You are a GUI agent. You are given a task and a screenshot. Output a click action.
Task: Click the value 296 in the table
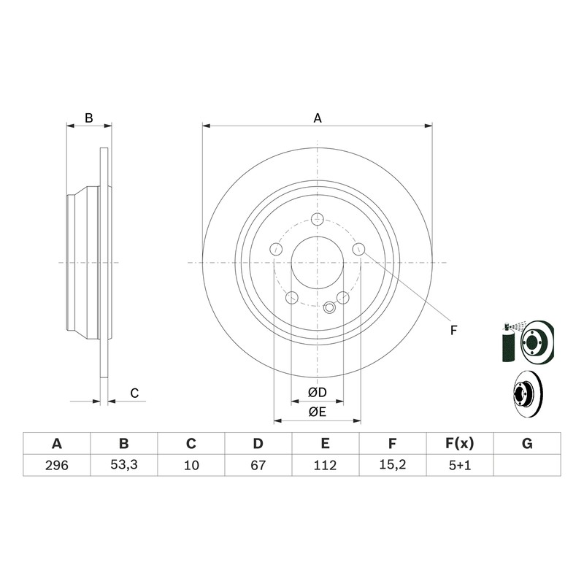[57, 465]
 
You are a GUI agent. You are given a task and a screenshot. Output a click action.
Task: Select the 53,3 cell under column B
[124, 465]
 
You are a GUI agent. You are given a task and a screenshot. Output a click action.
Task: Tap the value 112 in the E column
[325, 465]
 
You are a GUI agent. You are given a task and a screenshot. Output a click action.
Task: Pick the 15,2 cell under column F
[393, 465]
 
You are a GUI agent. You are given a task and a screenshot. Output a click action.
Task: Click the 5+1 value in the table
[460, 465]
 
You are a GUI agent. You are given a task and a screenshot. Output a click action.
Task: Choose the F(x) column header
[460, 444]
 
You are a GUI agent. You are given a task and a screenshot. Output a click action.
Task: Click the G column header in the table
[527, 444]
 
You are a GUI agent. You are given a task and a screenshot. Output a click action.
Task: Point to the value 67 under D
[258, 465]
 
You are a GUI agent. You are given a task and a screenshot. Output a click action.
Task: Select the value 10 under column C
[191, 465]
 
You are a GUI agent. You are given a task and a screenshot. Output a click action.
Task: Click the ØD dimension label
[318, 392]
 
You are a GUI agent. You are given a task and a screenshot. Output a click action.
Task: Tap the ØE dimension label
[318, 412]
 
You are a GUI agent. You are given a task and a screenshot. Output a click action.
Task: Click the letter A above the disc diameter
[318, 118]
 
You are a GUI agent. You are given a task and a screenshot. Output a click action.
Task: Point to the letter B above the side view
[88, 118]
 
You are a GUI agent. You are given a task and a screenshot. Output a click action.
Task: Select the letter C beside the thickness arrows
[134, 393]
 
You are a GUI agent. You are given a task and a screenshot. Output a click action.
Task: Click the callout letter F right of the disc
[453, 331]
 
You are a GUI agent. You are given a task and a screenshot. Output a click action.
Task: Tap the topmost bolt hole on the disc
[317, 219]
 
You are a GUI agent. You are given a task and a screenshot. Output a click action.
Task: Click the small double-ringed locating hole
[330, 307]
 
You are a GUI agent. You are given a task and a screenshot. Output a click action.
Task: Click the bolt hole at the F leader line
[358, 249]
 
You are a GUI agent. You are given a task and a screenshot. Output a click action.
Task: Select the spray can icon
[508, 342]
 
